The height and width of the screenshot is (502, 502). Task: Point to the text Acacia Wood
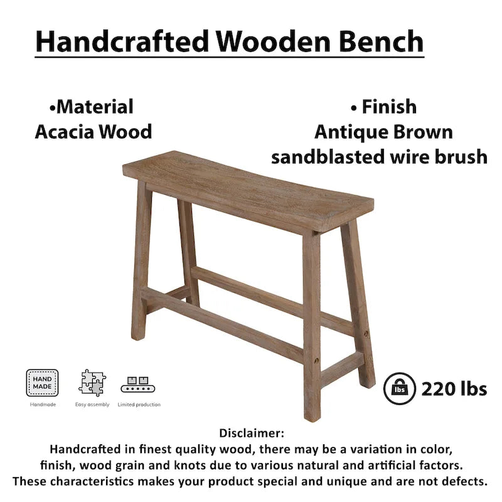[93, 132]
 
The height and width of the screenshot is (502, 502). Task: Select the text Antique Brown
[383, 132]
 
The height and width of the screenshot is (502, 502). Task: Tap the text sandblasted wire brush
[379, 157]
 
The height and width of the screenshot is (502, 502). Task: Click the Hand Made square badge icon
[43, 383]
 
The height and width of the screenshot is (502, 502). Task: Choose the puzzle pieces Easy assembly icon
[92, 383]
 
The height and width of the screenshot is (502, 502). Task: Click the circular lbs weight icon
[398, 388]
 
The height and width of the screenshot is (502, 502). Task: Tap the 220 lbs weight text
[454, 389]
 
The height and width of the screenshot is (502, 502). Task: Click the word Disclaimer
[252, 433]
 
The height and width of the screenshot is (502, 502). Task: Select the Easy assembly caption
[92, 405]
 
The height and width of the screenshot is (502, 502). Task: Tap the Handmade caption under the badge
[43, 405]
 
